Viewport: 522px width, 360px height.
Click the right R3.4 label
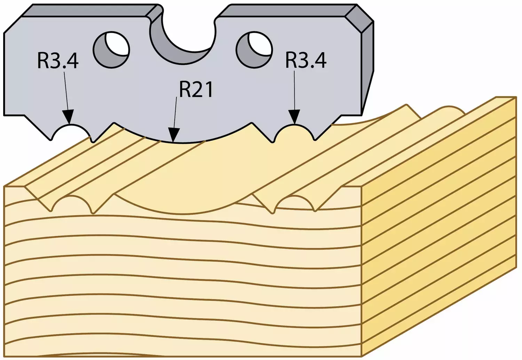click(x=306, y=60)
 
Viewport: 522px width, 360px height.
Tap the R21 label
click(x=196, y=89)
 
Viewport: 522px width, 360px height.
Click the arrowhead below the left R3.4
click(x=68, y=117)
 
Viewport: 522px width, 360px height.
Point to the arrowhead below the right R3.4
click(x=294, y=117)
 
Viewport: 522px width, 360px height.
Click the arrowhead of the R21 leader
click(x=173, y=135)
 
